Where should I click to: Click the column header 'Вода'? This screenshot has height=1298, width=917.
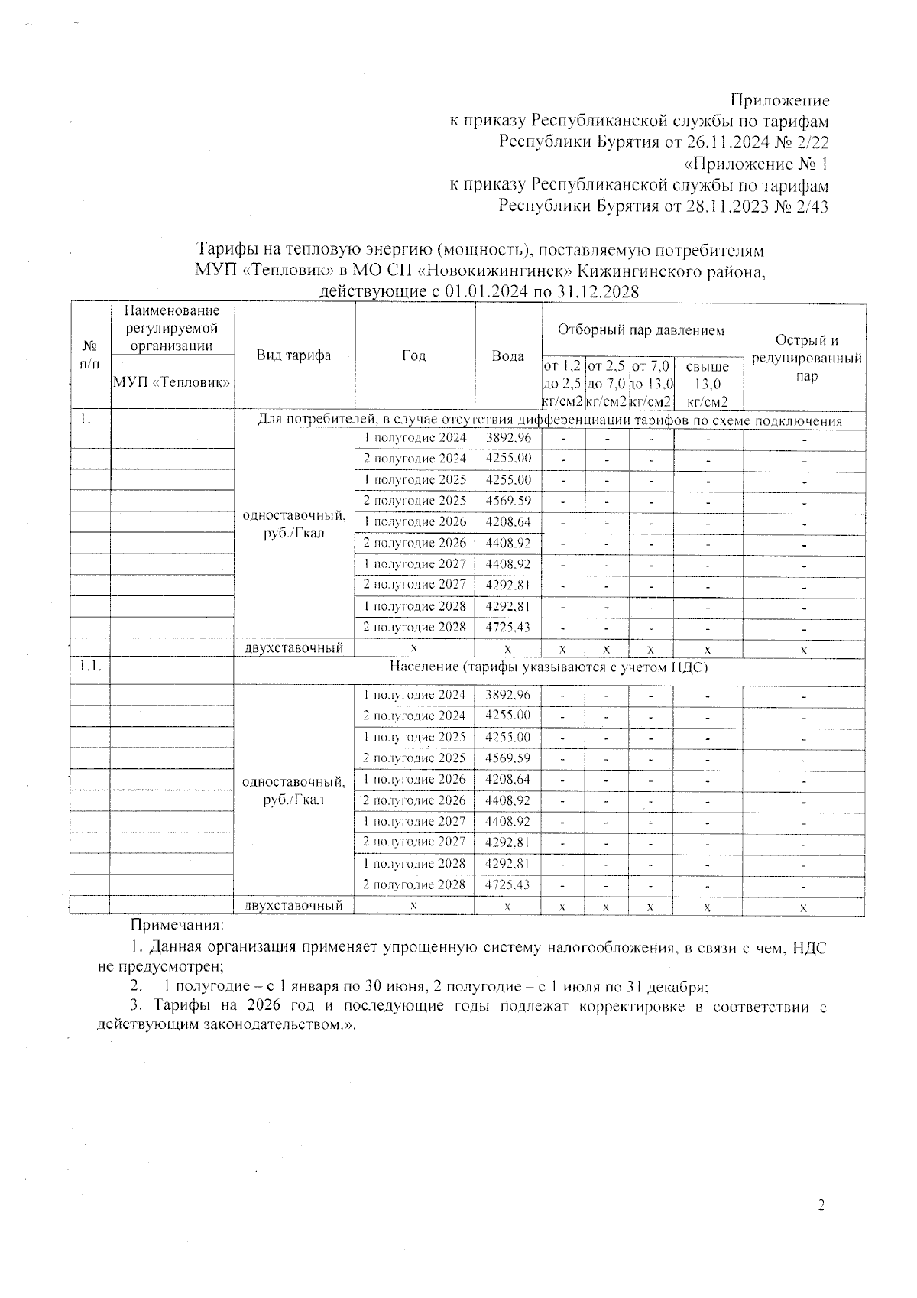507,356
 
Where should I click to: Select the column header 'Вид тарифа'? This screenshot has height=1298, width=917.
293,355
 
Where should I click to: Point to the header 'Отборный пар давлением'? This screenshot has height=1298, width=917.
641,330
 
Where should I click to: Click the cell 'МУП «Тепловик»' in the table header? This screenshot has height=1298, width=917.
172,382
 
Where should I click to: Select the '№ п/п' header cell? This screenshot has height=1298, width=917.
90,356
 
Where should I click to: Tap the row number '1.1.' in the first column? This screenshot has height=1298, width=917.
90,667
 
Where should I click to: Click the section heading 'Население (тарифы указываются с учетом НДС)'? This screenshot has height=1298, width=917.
549,667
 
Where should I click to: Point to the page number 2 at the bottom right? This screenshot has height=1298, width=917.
821,1206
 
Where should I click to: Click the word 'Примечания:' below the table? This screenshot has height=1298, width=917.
177,926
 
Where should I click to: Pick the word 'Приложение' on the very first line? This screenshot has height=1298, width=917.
779,100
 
